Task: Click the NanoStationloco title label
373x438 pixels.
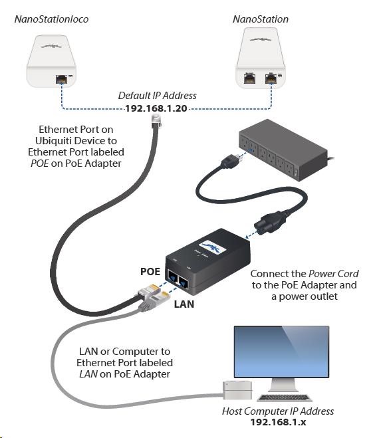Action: (51, 19)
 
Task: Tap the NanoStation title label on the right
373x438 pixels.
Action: (261, 19)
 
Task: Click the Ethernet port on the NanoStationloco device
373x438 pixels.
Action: (62, 79)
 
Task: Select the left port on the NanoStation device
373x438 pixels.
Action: (249, 79)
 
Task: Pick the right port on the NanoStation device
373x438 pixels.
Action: (271, 79)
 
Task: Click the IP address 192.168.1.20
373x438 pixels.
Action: (156, 108)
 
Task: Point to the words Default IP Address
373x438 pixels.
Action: (158, 96)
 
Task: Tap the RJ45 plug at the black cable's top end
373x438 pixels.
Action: (156, 122)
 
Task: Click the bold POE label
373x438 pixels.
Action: (150, 272)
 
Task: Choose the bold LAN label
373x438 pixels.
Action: (184, 304)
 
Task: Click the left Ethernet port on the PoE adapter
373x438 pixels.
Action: (173, 277)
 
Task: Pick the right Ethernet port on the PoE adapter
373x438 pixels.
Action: (184, 282)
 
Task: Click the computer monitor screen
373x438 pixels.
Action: (281, 352)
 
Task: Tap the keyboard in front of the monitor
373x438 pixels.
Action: (284, 397)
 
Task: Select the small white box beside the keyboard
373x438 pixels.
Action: (237, 390)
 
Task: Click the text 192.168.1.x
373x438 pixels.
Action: (278, 422)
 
